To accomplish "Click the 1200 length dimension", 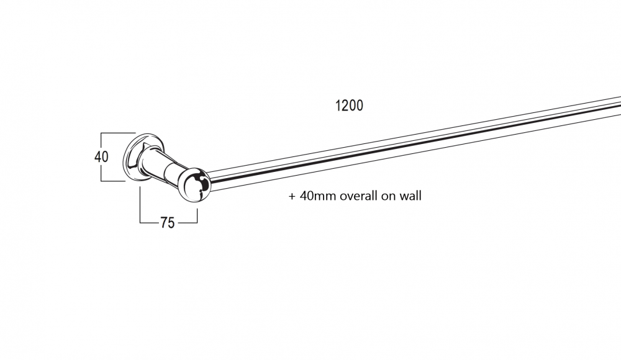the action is [349, 106].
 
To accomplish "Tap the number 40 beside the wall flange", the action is [101, 157].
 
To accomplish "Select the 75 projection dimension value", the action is [167, 223].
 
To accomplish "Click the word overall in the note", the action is [358, 196].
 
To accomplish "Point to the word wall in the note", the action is [410, 196].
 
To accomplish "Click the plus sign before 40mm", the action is [292, 196].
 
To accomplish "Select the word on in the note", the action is [388, 197].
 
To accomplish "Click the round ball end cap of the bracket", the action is [194, 185].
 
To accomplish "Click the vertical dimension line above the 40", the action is [101, 142].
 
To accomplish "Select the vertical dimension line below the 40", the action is [101, 173].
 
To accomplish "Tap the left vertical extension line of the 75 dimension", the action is [140, 204].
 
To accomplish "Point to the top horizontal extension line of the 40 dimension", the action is [118, 133].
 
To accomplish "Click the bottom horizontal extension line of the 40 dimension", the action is [113, 181].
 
